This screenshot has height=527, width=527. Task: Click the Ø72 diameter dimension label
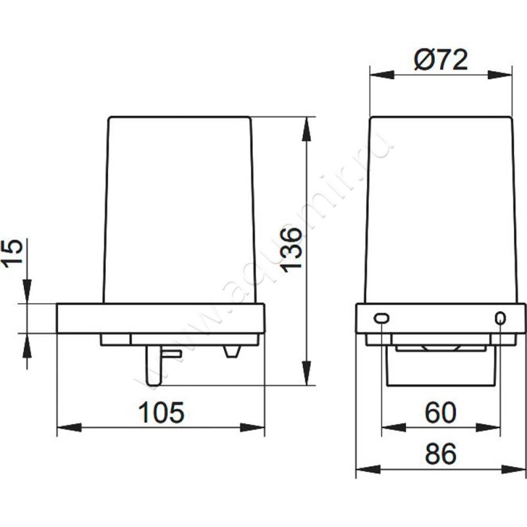tap(441, 60)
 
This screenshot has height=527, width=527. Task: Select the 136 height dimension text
tap(291, 250)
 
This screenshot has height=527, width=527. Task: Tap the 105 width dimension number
tap(161, 412)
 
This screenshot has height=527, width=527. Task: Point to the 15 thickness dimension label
tap(13, 254)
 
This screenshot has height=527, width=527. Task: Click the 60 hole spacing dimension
tap(441, 412)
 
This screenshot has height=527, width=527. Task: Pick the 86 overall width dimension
tap(441, 453)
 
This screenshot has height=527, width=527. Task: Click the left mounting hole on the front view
tap(381, 318)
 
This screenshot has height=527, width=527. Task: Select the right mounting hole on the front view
tap(500, 318)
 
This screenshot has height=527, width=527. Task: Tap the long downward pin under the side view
tap(154, 366)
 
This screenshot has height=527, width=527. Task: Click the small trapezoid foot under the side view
tap(233, 351)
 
